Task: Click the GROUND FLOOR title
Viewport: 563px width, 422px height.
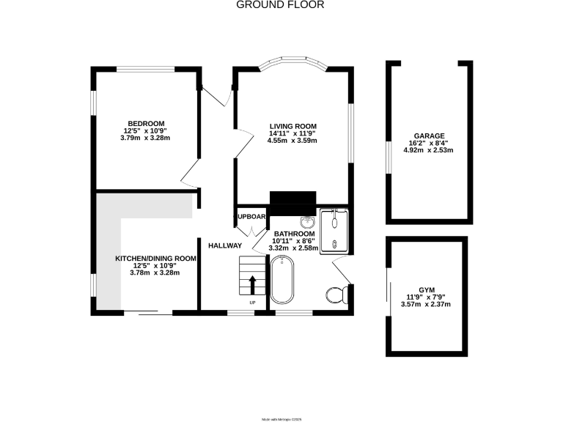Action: (280, 5)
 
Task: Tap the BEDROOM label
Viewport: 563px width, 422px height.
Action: (146, 123)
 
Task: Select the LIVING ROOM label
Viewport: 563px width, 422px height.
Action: (292, 127)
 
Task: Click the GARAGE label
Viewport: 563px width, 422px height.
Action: (428, 136)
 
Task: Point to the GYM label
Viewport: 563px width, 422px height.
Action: (428, 290)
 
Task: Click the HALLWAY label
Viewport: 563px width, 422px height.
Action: (224, 245)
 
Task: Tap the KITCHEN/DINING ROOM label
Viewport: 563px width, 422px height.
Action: (155, 259)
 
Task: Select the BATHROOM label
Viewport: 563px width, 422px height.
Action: (294, 234)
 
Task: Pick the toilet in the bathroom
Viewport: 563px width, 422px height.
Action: (336, 295)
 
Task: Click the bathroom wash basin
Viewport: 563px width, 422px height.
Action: (307, 221)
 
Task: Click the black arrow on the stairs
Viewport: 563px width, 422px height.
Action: (253, 284)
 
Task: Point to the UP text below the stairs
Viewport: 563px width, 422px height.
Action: (253, 303)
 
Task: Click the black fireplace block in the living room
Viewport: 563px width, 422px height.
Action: (292, 200)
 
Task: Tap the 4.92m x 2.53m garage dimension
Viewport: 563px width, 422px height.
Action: (428, 150)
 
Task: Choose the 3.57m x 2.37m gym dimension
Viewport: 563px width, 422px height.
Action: (428, 304)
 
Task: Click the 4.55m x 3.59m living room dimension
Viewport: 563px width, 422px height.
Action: (292, 141)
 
